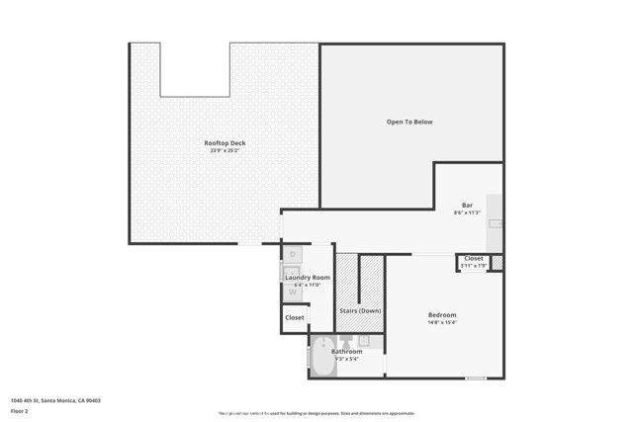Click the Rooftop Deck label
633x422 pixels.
click(x=225, y=143)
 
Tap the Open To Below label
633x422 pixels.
click(x=408, y=122)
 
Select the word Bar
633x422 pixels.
click(x=467, y=206)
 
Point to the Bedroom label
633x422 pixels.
click(x=442, y=315)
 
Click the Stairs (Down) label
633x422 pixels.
click(x=360, y=310)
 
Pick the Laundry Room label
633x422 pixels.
click(x=308, y=278)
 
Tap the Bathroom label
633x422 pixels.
click(x=346, y=351)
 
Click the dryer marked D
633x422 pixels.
click(x=293, y=255)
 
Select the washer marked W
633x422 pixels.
click(x=293, y=293)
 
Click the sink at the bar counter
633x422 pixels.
click(x=496, y=224)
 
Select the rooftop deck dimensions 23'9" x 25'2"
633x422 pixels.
click(x=225, y=150)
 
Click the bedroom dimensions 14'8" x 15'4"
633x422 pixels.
click(x=442, y=322)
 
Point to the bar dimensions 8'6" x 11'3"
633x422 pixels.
click(x=467, y=212)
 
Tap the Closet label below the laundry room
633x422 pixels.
click(x=295, y=318)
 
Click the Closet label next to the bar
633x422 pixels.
click(x=474, y=258)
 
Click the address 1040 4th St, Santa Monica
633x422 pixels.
click(x=55, y=400)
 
